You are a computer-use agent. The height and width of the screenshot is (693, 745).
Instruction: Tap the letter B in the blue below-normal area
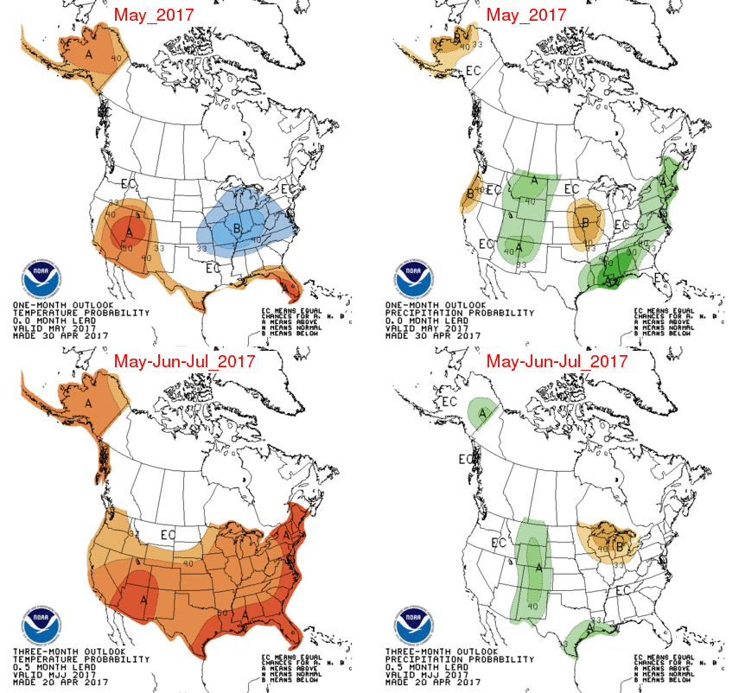click(x=238, y=228)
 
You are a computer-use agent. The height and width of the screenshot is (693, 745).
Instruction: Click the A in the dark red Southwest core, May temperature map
click(x=129, y=232)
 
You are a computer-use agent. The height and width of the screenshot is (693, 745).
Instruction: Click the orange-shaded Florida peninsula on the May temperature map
click(x=281, y=284)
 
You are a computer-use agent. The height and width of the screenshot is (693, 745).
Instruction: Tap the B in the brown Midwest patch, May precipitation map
click(x=587, y=223)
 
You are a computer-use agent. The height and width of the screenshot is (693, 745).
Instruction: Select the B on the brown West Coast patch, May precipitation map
click(x=471, y=194)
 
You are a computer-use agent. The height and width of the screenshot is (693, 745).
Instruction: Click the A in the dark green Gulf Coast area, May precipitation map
click(x=610, y=280)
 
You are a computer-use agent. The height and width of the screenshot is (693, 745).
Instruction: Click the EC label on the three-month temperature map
click(x=168, y=535)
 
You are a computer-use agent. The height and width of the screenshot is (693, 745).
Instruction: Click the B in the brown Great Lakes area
click(x=619, y=546)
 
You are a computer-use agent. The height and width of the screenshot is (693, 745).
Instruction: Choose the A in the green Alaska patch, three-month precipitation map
click(x=481, y=413)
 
